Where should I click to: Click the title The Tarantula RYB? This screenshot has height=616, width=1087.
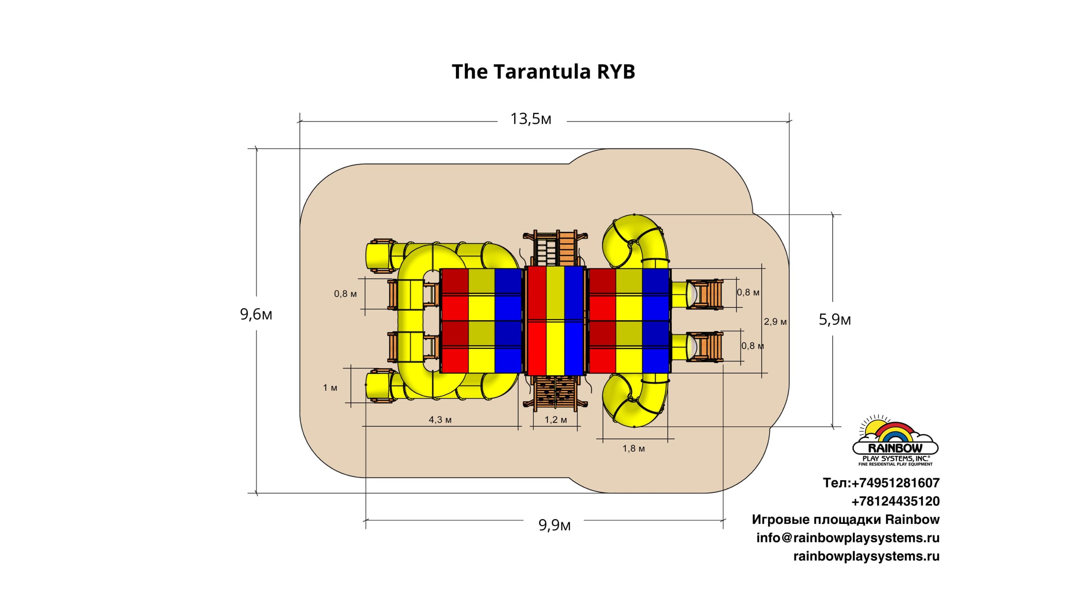click(x=543, y=72)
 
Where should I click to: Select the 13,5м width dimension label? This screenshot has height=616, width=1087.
click(x=531, y=119)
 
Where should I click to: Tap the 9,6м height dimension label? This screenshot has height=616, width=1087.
click(x=256, y=315)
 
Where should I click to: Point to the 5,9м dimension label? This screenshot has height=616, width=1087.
click(x=834, y=320)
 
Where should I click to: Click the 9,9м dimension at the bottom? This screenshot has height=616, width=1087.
click(x=555, y=526)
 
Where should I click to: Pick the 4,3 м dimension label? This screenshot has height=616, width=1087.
click(x=440, y=420)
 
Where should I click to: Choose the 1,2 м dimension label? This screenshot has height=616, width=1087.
click(x=555, y=420)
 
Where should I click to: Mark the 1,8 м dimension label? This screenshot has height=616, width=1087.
click(x=634, y=449)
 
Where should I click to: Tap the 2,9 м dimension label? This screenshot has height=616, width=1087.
click(x=775, y=322)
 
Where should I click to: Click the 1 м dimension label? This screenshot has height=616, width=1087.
click(x=330, y=388)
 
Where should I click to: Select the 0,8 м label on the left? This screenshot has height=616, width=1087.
click(x=345, y=294)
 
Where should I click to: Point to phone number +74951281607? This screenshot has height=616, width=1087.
click(x=881, y=483)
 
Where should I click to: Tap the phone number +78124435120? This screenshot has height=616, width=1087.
click(x=895, y=501)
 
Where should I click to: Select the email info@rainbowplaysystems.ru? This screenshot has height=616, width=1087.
click(x=848, y=538)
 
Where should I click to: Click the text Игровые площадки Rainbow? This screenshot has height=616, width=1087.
click(x=845, y=520)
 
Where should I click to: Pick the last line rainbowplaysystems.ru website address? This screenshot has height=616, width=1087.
click(x=866, y=556)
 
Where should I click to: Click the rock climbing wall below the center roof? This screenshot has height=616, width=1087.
click(x=555, y=392)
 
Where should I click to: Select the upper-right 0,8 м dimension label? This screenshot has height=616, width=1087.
click(x=748, y=293)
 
